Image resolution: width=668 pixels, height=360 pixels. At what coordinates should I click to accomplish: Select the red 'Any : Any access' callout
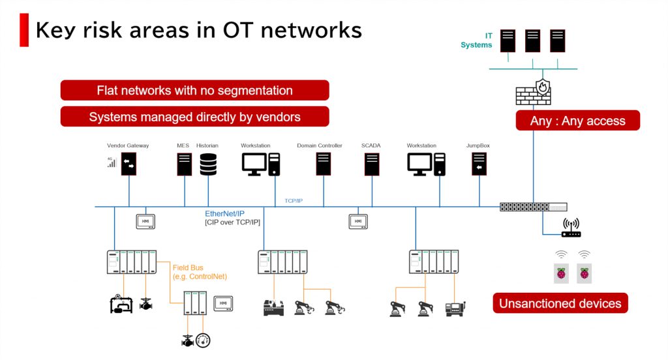(578, 121)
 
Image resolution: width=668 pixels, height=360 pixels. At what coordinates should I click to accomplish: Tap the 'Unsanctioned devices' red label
(560, 303)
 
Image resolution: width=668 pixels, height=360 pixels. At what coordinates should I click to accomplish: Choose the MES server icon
(184, 164)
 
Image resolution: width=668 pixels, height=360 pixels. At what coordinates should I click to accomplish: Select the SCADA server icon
(372, 164)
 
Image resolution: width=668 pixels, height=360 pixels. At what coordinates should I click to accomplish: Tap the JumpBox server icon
(479, 164)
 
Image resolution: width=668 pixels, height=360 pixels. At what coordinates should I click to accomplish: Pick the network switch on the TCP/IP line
(533, 207)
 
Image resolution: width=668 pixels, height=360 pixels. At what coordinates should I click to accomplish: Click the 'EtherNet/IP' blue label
(225, 214)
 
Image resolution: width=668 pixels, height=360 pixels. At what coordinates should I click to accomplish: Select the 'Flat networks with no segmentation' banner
(194, 91)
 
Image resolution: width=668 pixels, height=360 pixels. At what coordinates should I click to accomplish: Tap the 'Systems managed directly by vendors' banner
(194, 117)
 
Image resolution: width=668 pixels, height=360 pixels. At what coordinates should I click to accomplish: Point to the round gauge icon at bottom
(204, 340)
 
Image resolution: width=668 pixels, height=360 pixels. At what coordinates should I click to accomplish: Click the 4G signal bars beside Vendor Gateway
(112, 162)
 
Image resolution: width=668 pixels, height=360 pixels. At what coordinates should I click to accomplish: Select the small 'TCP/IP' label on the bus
(294, 201)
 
